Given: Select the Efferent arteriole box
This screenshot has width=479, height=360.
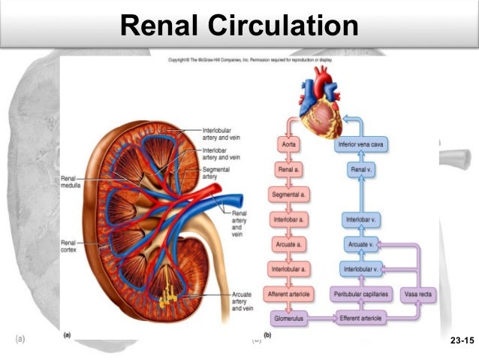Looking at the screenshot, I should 361,319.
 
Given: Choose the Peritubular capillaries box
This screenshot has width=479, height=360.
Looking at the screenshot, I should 361,294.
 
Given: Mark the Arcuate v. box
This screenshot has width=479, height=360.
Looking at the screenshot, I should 361,245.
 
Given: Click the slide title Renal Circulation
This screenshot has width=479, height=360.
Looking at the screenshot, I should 239,26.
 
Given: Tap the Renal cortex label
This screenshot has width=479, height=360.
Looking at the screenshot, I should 70,247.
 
